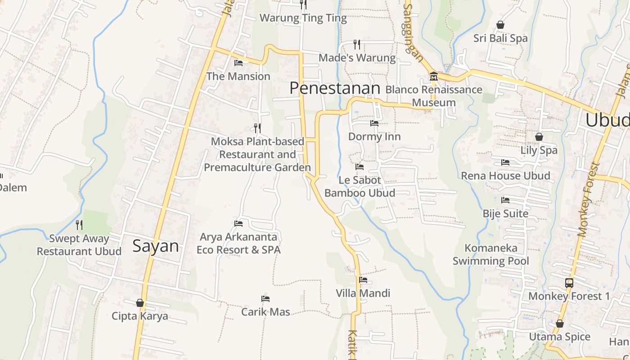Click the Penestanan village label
click(335, 88)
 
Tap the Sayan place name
click(156, 246)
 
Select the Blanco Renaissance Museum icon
click(434, 76)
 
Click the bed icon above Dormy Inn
click(374, 123)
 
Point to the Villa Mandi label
click(363, 293)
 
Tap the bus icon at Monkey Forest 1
click(569, 283)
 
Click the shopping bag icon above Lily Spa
click(539, 137)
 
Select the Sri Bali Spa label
click(500, 38)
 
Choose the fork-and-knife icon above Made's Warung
click(357, 44)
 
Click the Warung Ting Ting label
click(303, 18)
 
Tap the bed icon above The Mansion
click(238, 63)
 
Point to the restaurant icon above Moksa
click(257, 128)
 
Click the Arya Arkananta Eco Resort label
click(238, 243)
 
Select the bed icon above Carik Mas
click(265, 299)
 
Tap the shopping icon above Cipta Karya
click(140, 303)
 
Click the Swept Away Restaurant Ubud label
click(79, 245)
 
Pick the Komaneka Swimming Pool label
click(491, 254)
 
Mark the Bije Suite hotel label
click(505, 213)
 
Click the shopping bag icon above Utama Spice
click(560, 324)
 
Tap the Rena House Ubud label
click(505, 175)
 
